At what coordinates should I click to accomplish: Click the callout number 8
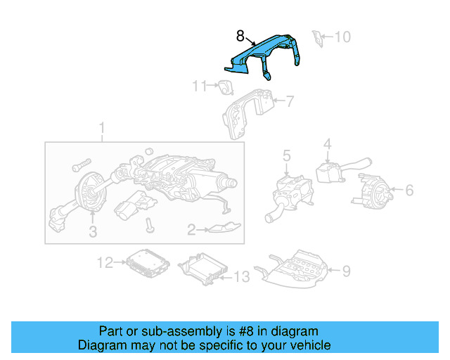240,34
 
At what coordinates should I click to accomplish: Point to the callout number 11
200,86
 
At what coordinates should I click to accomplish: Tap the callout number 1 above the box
101,129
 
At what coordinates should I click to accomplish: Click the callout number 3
92,233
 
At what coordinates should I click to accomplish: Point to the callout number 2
191,229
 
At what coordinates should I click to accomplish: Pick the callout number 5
286,155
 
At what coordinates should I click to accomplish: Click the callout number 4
327,146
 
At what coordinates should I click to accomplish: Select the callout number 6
409,189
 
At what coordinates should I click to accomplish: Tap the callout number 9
345,270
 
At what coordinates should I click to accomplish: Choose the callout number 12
105,263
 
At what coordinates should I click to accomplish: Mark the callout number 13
240,277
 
